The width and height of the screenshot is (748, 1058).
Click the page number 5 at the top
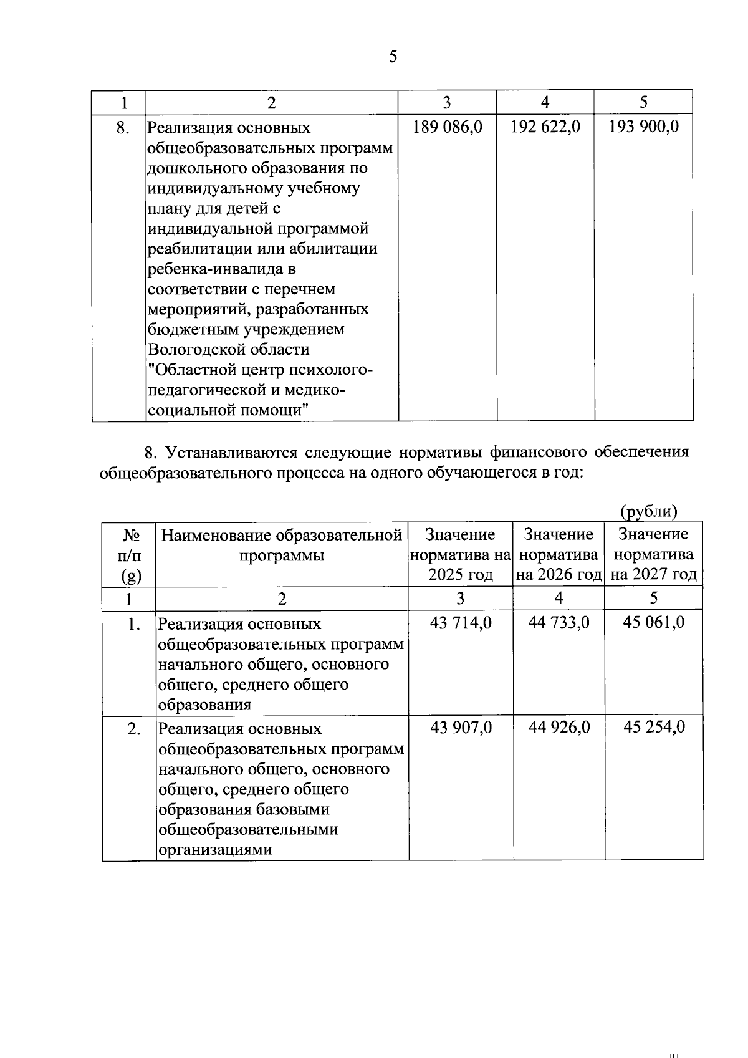pyautogui.click(x=393, y=57)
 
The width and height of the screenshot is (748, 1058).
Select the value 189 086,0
pyautogui.click(x=448, y=127)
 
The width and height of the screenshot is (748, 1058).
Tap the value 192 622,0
pyautogui.click(x=545, y=127)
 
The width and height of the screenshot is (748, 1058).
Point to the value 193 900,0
pyautogui.click(x=644, y=127)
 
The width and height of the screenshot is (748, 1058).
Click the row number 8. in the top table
pyautogui.click(x=123, y=128)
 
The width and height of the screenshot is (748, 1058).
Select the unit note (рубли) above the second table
pyautogui.click(x=648, y=511)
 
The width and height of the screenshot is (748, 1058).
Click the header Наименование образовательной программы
pyautogui.click(x=282, y=544)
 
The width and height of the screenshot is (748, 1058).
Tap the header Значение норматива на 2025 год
pyautogui.click(x=460, y=554)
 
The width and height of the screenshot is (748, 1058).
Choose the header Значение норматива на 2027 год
pyautogui.click(x=653, y=554)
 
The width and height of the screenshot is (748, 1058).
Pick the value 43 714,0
pyautogui.click(x=461, y=622)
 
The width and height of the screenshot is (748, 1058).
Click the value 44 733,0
pyautogui.click(x=559, y=622)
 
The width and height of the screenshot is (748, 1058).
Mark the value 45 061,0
pyautogui.click(x=653, y=622)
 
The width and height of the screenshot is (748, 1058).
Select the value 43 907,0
pyautogui.click(x=461, y=727)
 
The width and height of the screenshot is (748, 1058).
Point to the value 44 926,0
pyautogui.click(x=559, y=727)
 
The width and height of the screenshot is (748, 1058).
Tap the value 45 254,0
pyautogui.click(x=653, y=727)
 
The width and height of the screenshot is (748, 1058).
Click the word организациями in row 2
pyautogui.click(x=215, y=849)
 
